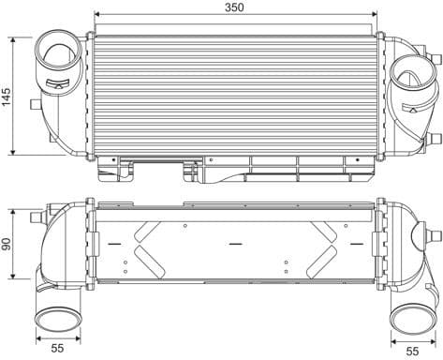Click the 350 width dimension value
[234, 8]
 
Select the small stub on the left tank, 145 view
[36, 103]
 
